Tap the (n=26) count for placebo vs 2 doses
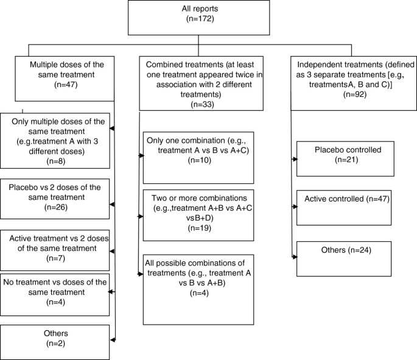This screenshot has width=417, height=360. coord(55,207)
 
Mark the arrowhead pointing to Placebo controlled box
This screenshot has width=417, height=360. coord(295,160)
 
